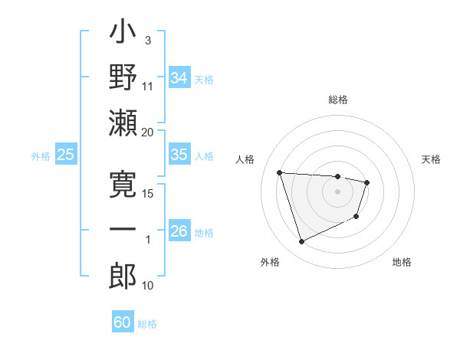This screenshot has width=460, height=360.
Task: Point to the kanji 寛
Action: [123, 185]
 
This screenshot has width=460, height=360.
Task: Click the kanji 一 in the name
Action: [123, 231]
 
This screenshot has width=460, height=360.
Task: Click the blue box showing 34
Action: [179, 77]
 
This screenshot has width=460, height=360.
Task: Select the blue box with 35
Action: [179, 155]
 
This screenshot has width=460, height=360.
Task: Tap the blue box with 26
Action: [179, 231]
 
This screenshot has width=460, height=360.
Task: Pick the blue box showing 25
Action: [66, 155]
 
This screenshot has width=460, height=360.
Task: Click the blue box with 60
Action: [123, 322]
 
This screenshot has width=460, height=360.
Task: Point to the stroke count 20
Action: [147, 132]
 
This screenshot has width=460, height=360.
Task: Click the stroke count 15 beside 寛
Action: [147, 194]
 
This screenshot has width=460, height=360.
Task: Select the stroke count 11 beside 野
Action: [148, 86]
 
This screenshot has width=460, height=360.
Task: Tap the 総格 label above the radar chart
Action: [337, 100]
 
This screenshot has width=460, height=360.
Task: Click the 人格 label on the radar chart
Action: [246, 159]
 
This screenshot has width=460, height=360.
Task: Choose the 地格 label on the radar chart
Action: [402, 262]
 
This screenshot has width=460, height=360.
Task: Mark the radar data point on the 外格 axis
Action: [301, 242]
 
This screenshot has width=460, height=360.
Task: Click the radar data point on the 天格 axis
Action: [367, 182]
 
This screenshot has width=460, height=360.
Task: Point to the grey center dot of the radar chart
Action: [337, 191]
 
